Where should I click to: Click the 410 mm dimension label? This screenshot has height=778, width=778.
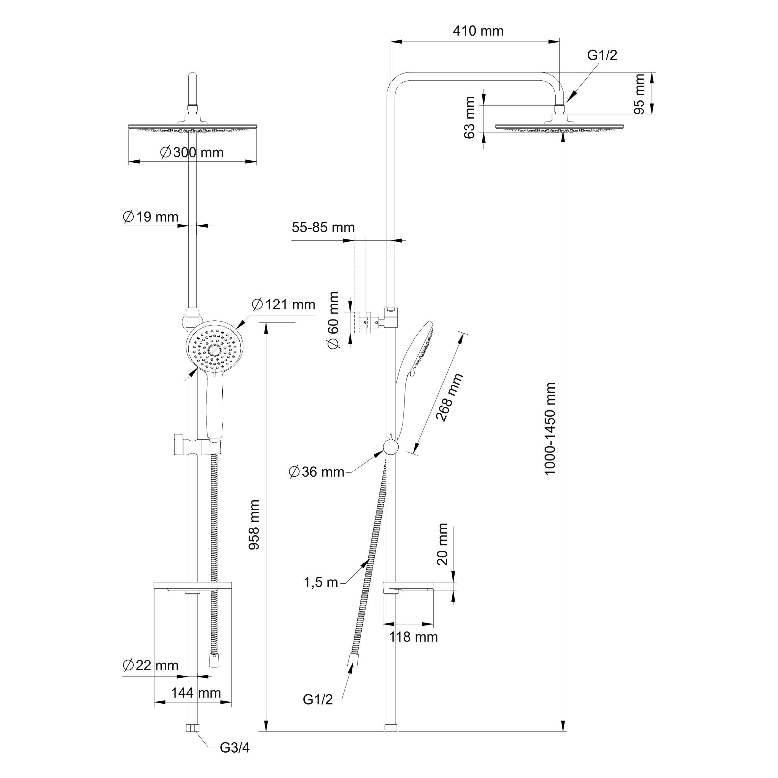(478, 31)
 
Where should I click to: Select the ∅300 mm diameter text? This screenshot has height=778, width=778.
(192, 152)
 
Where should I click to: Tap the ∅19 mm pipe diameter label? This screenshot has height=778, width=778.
(151, 217)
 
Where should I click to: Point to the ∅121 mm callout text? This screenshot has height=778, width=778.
(284, 304)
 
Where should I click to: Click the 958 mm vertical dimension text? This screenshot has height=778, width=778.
(254, 525)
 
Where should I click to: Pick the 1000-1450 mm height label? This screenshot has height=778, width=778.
(550, 429)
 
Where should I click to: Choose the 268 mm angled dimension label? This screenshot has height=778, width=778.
(450, 398)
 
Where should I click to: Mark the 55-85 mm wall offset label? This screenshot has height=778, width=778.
(323, 228)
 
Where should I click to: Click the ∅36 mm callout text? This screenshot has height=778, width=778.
(317, 472)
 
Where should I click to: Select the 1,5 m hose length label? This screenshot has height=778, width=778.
(321, 582)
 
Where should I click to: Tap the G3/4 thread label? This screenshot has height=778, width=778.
(235, 748)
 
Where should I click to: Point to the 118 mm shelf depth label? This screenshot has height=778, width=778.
(414, 637)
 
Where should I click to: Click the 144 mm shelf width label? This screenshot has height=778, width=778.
(196, 693)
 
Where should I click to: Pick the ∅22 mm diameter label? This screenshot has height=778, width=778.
(151, 665)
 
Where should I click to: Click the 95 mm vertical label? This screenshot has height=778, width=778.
(639, 94)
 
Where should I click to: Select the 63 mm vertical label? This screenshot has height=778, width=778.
(470, 118)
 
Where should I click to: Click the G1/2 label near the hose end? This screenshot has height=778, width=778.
(318, 711)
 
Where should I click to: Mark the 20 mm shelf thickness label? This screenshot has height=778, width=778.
(442, 544)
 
